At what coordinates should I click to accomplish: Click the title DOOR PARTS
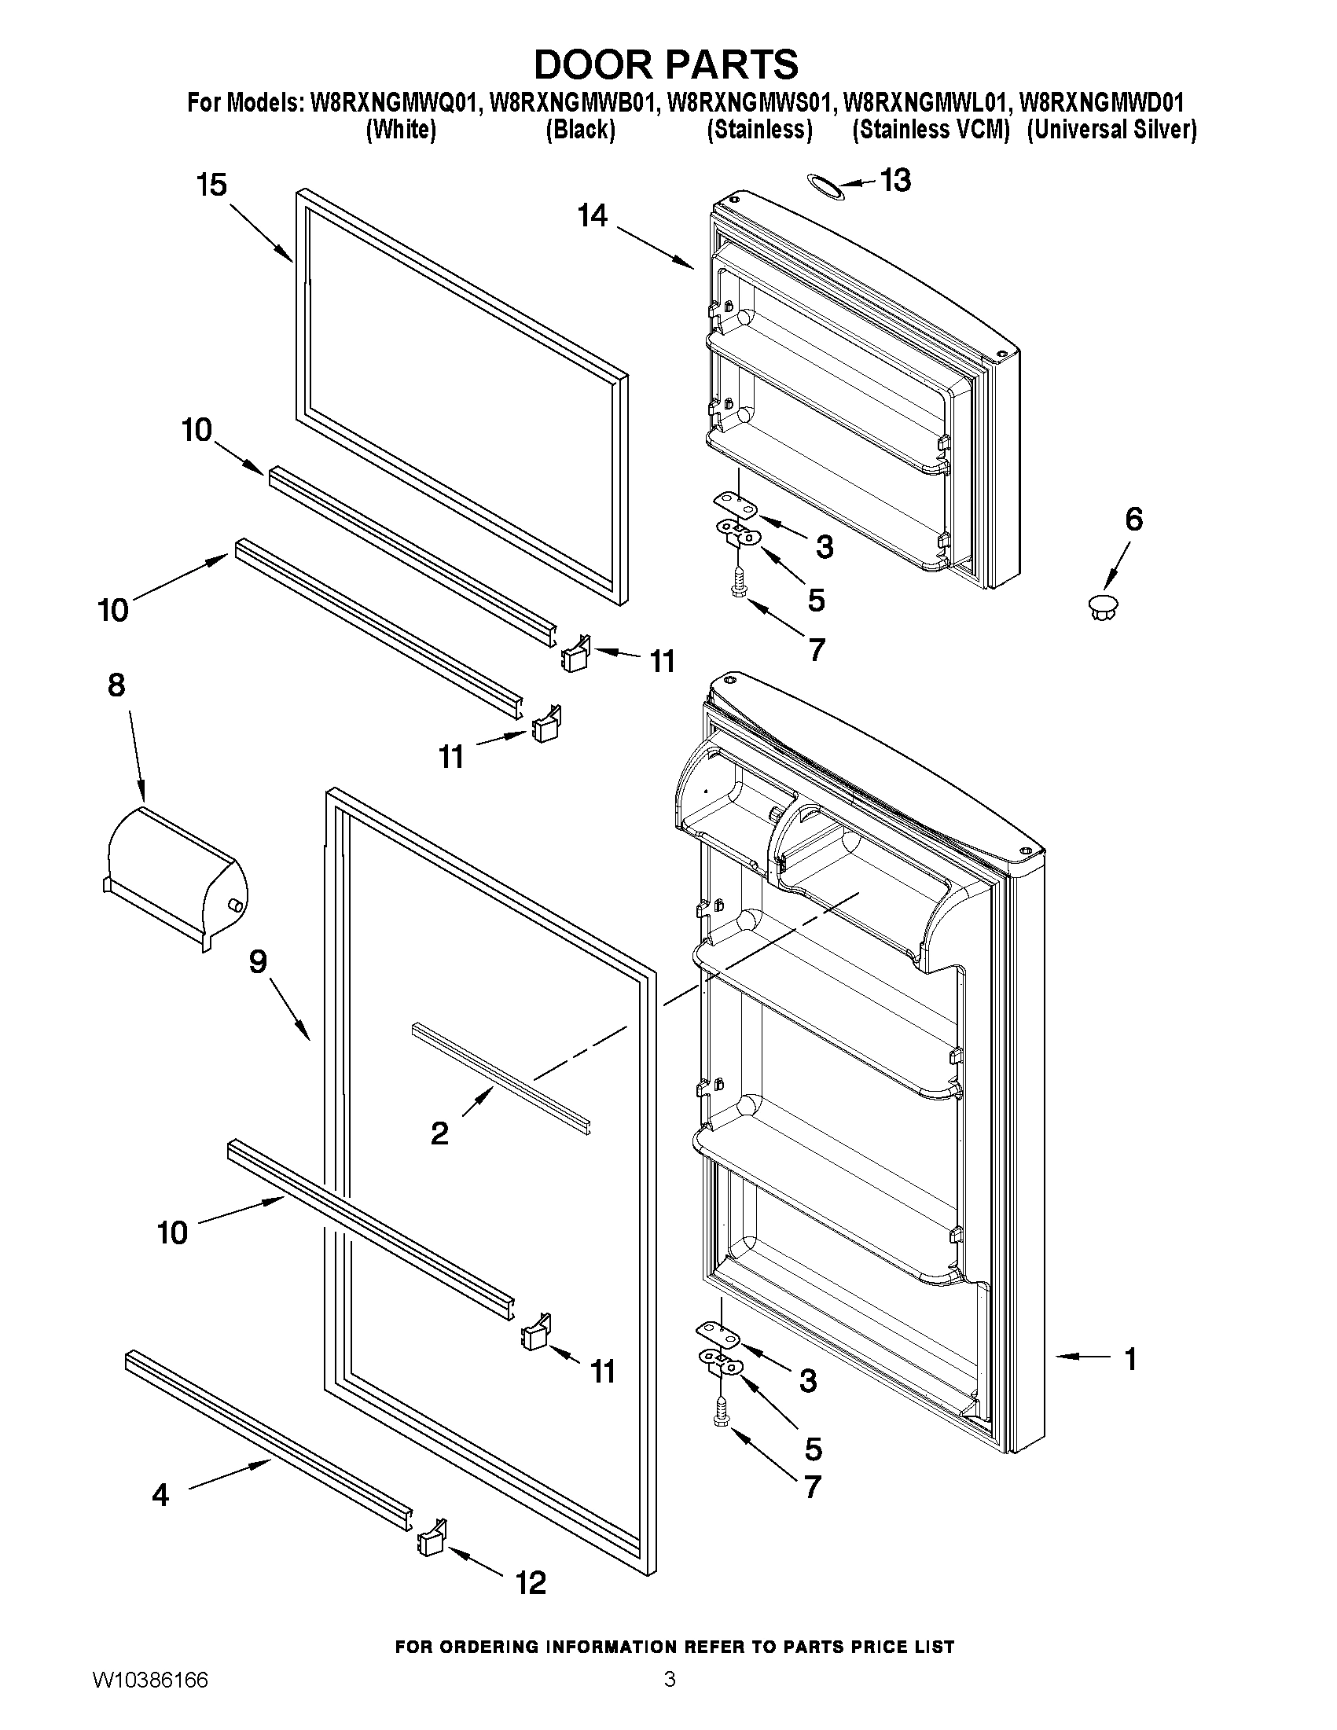click(666, 65)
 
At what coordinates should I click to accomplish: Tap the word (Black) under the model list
click(581, 130)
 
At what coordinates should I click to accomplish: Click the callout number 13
click(895, 181)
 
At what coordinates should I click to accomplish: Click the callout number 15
click(211, 185)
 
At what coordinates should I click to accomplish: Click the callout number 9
click(258, 961)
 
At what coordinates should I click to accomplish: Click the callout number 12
click(531, 1583)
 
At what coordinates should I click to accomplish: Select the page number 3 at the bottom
click(670, 1699)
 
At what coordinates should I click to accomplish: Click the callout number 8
click(116, 685)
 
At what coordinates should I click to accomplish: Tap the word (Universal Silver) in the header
click(1111, 130)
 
